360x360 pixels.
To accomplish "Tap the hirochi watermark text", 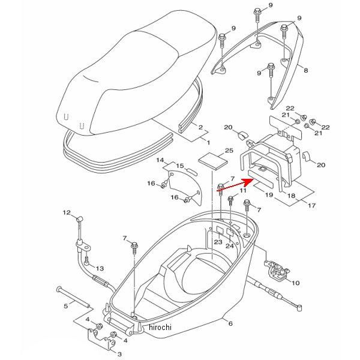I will [x=159, y=327].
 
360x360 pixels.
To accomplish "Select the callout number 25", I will [x=212, y=150].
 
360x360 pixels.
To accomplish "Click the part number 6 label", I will [x=229, y=323].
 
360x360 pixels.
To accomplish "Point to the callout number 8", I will [x=305, y=71].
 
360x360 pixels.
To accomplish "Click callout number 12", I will [x=68, y=212].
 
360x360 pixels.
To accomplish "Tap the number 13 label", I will [x=100, y=268].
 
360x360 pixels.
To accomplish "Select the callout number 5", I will [x=66, y=306].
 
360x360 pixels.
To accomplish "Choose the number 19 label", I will [x=269, y=195].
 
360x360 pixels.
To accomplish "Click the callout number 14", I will [x=160, y=161].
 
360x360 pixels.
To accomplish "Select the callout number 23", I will [x=218, y=242].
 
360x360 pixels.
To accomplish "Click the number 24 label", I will [x=229, y=246].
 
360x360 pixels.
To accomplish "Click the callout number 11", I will [x=244, y=190].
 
